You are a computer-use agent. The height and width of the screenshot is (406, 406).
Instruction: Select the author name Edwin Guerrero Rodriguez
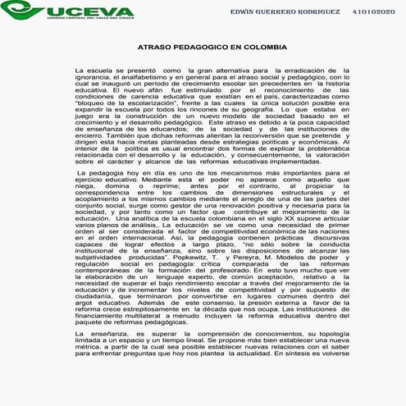pyautogui.click(x=284, y=13)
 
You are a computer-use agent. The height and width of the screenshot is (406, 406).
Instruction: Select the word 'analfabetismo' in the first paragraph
pyautogui.click(x=115, y=80)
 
